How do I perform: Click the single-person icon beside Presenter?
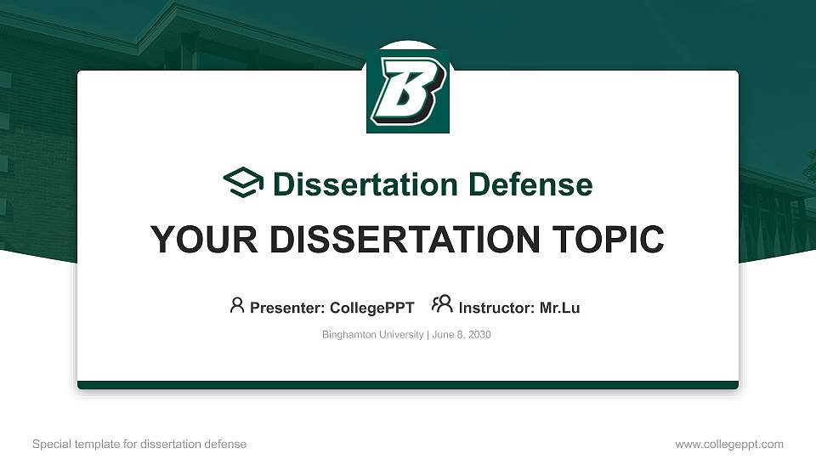click(x=237, y=305)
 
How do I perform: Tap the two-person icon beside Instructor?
click(x=442, y=304)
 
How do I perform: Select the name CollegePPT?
click(x=371, y=308)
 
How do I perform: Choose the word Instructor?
click(x=496, y=308)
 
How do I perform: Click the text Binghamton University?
click(x=372, y=335)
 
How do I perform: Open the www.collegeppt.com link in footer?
click(x=729, y=444)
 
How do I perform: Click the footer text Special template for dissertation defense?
click(x=139, y=444)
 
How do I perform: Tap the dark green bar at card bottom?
click(x=408, y=385)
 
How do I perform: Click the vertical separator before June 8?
click(x=428, y=335)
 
